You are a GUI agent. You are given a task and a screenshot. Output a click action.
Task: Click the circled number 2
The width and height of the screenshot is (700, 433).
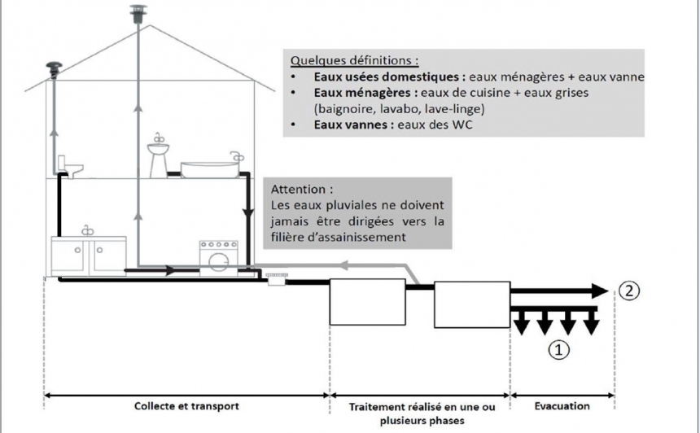pos(629,291)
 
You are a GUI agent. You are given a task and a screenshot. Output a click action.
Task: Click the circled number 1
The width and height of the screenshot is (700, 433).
pos(558,349)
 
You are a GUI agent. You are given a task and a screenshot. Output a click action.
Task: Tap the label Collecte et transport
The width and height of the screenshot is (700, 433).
pos(186,406)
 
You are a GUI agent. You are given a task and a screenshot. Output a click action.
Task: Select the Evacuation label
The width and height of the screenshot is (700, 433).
pos(562,406)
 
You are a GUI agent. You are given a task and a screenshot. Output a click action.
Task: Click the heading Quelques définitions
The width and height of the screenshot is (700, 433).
pos(354,60)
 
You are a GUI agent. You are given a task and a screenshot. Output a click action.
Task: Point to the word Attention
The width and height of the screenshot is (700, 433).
pos(302,190)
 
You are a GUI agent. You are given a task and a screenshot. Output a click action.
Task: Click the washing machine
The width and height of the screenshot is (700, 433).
pos(219,259)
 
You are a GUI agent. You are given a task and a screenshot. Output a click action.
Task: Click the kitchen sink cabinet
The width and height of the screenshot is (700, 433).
pos(89,256)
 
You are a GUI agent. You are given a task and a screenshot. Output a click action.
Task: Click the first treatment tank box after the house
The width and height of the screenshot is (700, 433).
pos(367,302)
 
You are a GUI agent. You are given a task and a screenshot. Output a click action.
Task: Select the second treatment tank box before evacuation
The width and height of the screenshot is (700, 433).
pos(472,305)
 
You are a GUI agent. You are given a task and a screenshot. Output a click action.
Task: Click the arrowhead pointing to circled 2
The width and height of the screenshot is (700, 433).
pos(600,291)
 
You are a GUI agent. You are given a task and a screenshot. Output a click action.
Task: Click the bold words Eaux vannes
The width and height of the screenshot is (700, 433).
pos(354,125)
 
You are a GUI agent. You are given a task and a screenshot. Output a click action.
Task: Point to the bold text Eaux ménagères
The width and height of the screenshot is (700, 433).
pos(365,93)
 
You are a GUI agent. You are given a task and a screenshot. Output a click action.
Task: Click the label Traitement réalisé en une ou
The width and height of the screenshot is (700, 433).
pos(422,407)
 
